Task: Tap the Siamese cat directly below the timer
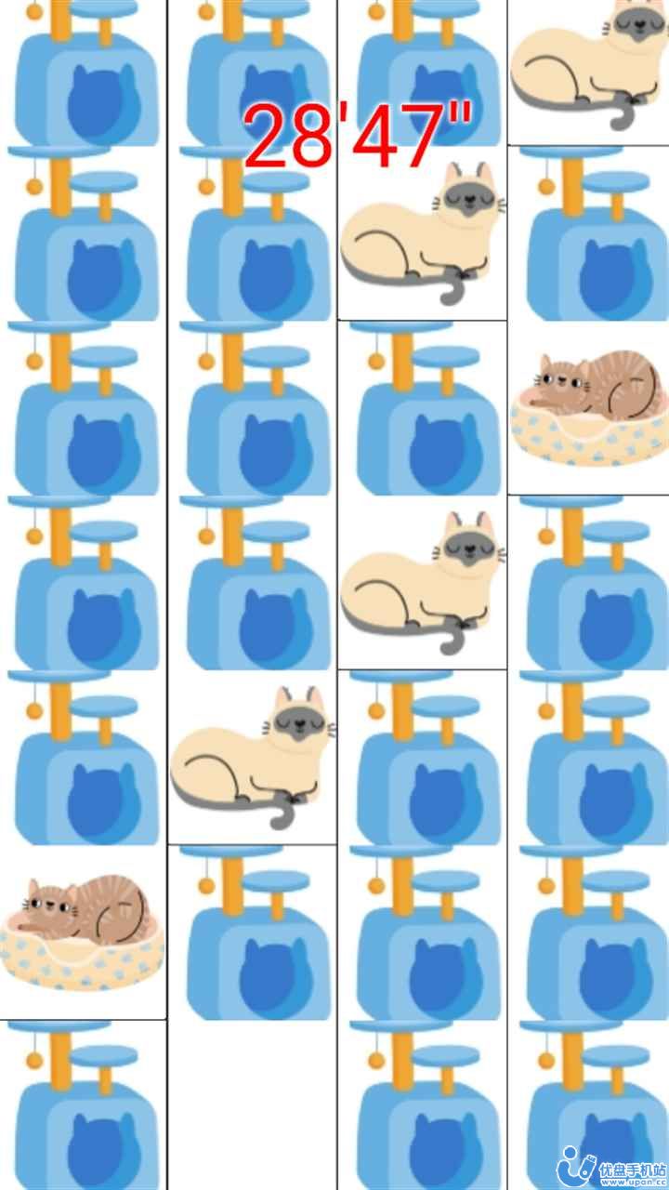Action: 423,232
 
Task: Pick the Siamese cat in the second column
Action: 253,758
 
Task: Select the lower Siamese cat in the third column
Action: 423,581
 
